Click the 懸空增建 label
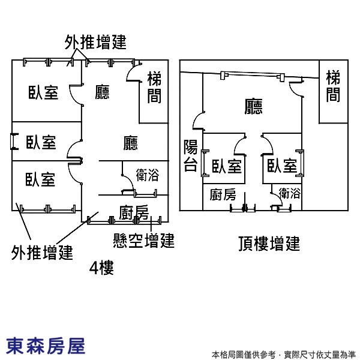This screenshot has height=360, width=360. (x=143, y=241)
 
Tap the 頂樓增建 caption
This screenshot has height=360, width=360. (x=268, y=244)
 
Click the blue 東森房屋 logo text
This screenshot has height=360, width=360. (x=46, y=346)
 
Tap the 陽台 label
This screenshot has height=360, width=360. (x=190, y=156)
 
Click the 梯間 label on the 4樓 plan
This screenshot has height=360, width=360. (x=154, y=88)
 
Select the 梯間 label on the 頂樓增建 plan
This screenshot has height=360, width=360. (x=333, y=86)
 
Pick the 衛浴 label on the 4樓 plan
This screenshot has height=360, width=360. (x=147, y=175)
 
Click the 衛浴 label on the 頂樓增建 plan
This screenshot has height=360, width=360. (x=290, y=193)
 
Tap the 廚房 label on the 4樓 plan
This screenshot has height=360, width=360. (x=134, y=212)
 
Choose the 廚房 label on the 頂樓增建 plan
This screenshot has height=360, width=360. (x=223, y=194)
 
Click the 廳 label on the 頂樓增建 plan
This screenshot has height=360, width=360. (x=253, y=106)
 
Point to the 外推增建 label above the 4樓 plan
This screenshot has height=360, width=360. (x=95, y=42)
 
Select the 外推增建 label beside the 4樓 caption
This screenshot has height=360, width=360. (x=42, y=253)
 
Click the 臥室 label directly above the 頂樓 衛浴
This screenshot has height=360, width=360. (x=282, y=166)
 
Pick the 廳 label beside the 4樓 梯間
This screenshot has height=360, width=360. (x=103, y=92)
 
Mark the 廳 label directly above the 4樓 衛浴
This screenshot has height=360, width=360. (x=131, y=143)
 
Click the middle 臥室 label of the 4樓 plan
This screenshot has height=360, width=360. (x=41, y=142)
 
